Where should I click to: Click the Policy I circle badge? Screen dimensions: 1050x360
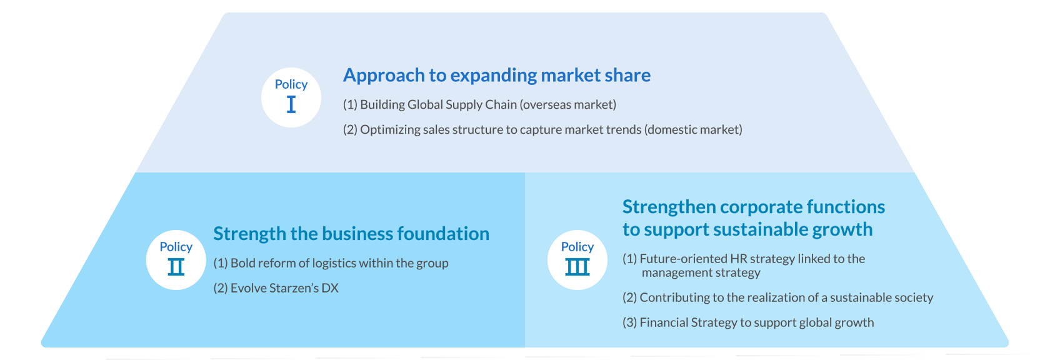click(x=291, y=97)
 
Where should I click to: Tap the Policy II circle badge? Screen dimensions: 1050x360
click(x=176, y=260)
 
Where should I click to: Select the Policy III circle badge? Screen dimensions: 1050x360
click(x=577, y=260)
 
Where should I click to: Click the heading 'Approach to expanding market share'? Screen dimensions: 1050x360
click(x=497, y=76)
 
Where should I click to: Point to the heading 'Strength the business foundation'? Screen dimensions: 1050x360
click(x=351, y=234)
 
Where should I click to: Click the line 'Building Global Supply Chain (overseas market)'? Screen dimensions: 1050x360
click(x=479, y=104)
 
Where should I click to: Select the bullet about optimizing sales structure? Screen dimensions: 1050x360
click(x=542, y=129)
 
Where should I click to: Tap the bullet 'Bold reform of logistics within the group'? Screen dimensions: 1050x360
click(x=331, y=263)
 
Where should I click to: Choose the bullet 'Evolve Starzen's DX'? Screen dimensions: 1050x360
click(x=276, y=287)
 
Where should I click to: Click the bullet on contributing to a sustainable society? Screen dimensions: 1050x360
click(x=778, y=297)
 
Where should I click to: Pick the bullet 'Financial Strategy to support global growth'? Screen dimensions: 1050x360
click(x=748, y=322)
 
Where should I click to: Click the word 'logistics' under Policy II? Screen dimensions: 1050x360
click(x=334, y=264)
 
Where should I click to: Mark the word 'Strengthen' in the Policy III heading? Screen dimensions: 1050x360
click(x=669, y=207)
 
